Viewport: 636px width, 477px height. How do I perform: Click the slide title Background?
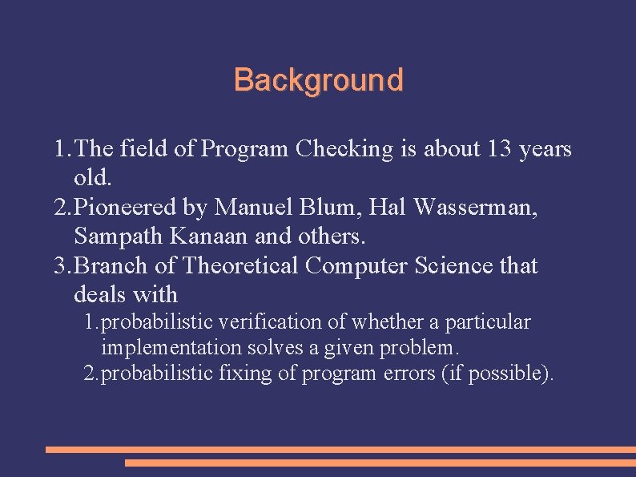coord(318,80)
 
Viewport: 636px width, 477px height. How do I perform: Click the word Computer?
coord(356,265)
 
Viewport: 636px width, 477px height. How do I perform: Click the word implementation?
coord(171,348)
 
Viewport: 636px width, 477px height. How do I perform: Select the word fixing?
coord(245,374)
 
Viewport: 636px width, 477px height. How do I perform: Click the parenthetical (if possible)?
coord(497,374)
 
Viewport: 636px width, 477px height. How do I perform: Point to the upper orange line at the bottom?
coord(340,450)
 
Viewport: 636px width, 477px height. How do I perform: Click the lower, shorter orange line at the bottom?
coord(380,463)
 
